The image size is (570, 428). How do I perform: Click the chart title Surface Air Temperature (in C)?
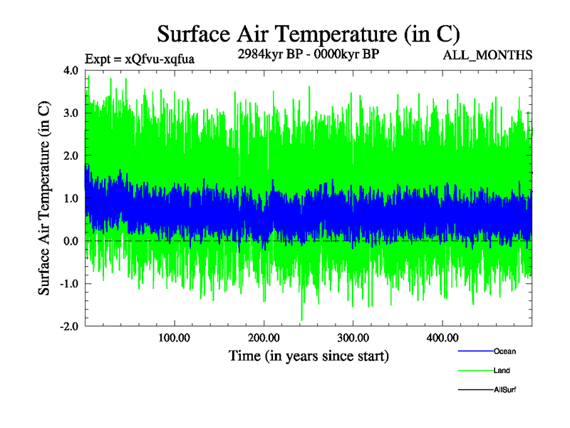[309, 34]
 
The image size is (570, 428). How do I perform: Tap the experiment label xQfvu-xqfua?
[139, 59]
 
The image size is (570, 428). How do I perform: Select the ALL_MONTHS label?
[487, 55]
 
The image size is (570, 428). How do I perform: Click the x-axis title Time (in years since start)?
[309, 355]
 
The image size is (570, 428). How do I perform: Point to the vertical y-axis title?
[44, 198]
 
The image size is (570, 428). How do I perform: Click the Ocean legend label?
[504, 351]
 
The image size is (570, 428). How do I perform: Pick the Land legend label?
[502, 370]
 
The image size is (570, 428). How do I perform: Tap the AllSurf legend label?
[505, 389]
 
